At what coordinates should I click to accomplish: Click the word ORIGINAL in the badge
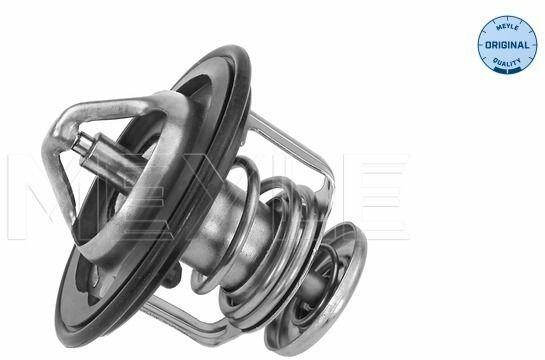click(x=507, y=45)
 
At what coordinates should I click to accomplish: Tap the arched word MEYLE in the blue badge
click(x=507, y=27)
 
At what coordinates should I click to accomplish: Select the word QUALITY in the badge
click(x=507, y=63)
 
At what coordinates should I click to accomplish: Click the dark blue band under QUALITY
click(x=507, y=71)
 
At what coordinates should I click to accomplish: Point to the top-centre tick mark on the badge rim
click(x=507, y=17)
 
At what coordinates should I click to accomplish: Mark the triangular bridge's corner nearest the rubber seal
click(x=170, y=101)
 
